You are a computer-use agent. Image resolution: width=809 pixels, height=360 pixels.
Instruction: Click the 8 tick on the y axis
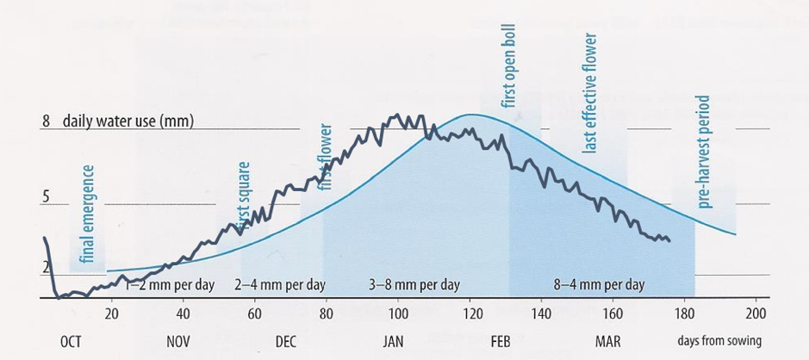coord(46,121)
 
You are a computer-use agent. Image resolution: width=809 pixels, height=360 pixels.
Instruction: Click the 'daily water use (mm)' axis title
coord(128,121)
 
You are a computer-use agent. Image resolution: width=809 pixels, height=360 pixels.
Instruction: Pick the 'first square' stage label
coord(244,196)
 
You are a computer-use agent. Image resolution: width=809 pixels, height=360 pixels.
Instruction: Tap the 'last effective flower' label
coord(590,93)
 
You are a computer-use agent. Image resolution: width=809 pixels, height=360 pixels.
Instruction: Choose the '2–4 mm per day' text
coord(280,284)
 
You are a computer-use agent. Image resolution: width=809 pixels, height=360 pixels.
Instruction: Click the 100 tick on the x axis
coord(398,313)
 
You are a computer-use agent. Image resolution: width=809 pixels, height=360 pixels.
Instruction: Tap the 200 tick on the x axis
coord(755,313)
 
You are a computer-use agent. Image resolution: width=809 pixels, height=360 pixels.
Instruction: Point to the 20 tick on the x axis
coord(111,313)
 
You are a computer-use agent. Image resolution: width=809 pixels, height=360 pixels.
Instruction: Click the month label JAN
coord(393,342)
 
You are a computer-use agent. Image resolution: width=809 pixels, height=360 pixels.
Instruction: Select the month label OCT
coord(71,342)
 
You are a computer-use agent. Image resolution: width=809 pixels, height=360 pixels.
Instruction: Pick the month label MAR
coord(607,342)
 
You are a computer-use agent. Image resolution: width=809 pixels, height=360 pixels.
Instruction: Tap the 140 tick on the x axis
coord(541,313)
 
